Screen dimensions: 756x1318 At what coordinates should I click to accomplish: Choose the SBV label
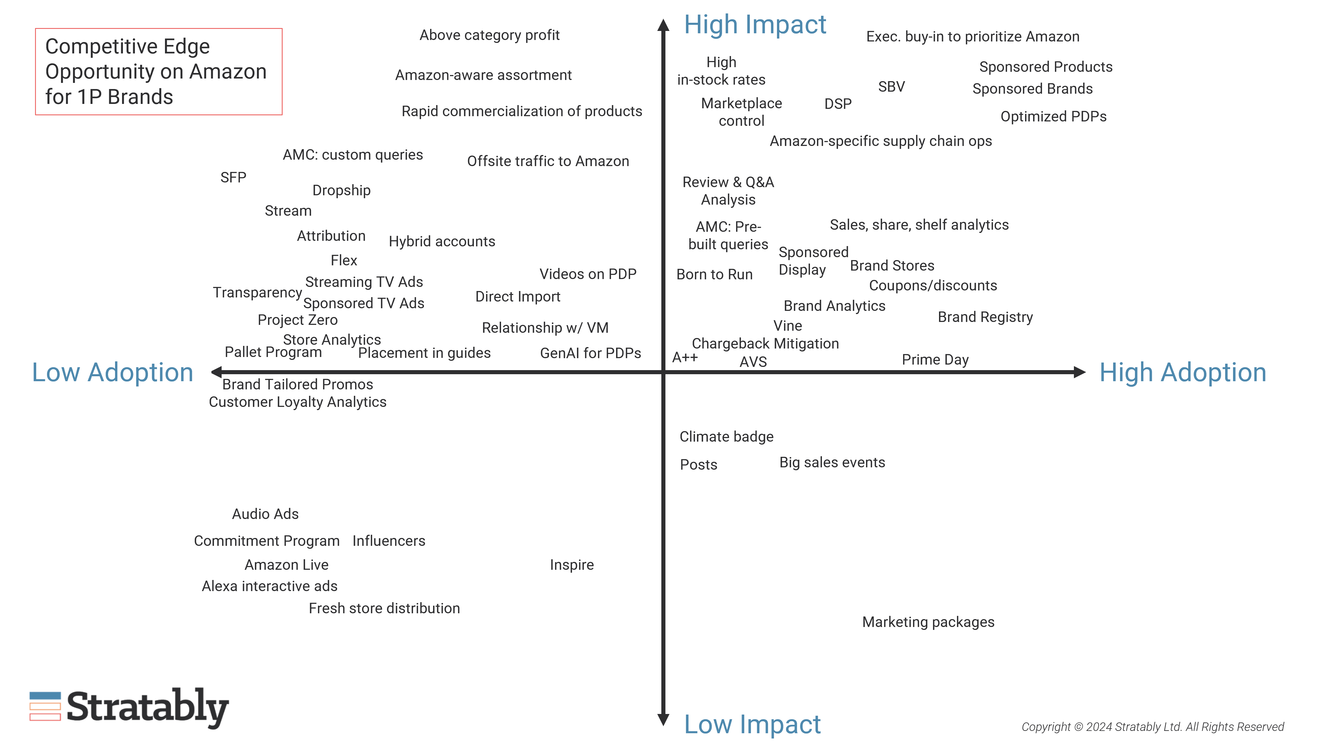click(x=891, y=87)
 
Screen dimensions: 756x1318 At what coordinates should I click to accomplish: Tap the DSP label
click(x=838, y=104)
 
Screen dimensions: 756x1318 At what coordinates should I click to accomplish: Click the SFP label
click(x=233, y=177)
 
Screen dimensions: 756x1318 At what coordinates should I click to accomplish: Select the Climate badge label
click(x=726, y=437)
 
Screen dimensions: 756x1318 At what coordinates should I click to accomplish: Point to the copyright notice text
click(x=1152, y=727)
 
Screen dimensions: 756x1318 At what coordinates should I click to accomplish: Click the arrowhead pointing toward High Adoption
click(x=1079, y=372)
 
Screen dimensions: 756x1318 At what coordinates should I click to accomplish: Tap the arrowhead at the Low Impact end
click(x=663, y=720)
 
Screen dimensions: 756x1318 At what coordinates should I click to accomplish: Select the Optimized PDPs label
click(x=1053, y=116)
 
